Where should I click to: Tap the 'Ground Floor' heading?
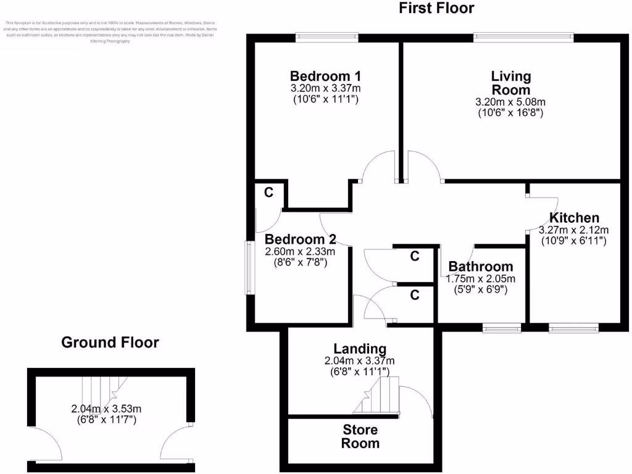point(110,342)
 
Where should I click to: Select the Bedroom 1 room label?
point(325,76)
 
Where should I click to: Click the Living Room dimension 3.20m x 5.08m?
point(510,102)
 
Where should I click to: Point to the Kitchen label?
point(574,218)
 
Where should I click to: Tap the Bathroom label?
point(480,267)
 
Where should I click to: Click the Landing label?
point(360,349)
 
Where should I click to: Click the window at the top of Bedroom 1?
point(326,37)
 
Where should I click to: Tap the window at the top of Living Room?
point(523,37)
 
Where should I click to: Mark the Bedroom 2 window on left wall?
point(248,267)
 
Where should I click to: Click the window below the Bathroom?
point(502,328)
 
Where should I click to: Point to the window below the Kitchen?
point(573,328)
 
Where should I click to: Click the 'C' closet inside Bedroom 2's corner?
point(268,193)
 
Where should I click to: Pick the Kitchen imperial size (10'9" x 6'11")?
point(574,241)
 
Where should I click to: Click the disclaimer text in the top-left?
point(111,32)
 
